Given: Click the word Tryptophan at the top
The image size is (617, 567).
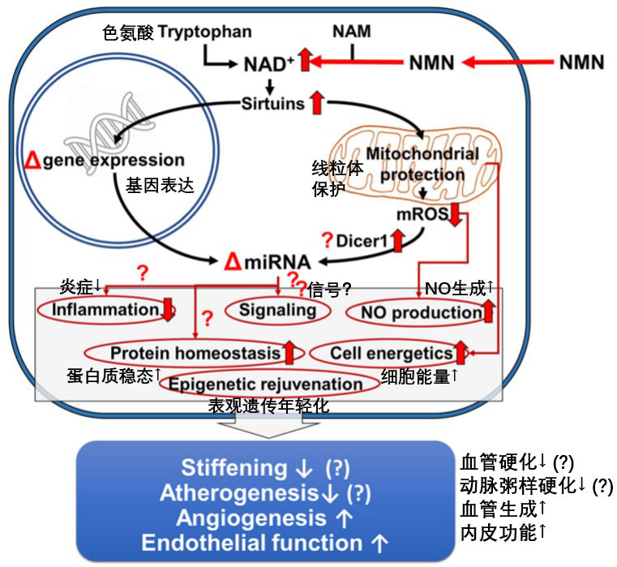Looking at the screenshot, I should coord(204,32).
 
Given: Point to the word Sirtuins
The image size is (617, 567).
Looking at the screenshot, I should coord(272,103).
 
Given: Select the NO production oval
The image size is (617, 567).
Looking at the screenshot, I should coord(414,312).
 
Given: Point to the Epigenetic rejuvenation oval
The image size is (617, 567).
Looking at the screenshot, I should coord(268,384).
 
